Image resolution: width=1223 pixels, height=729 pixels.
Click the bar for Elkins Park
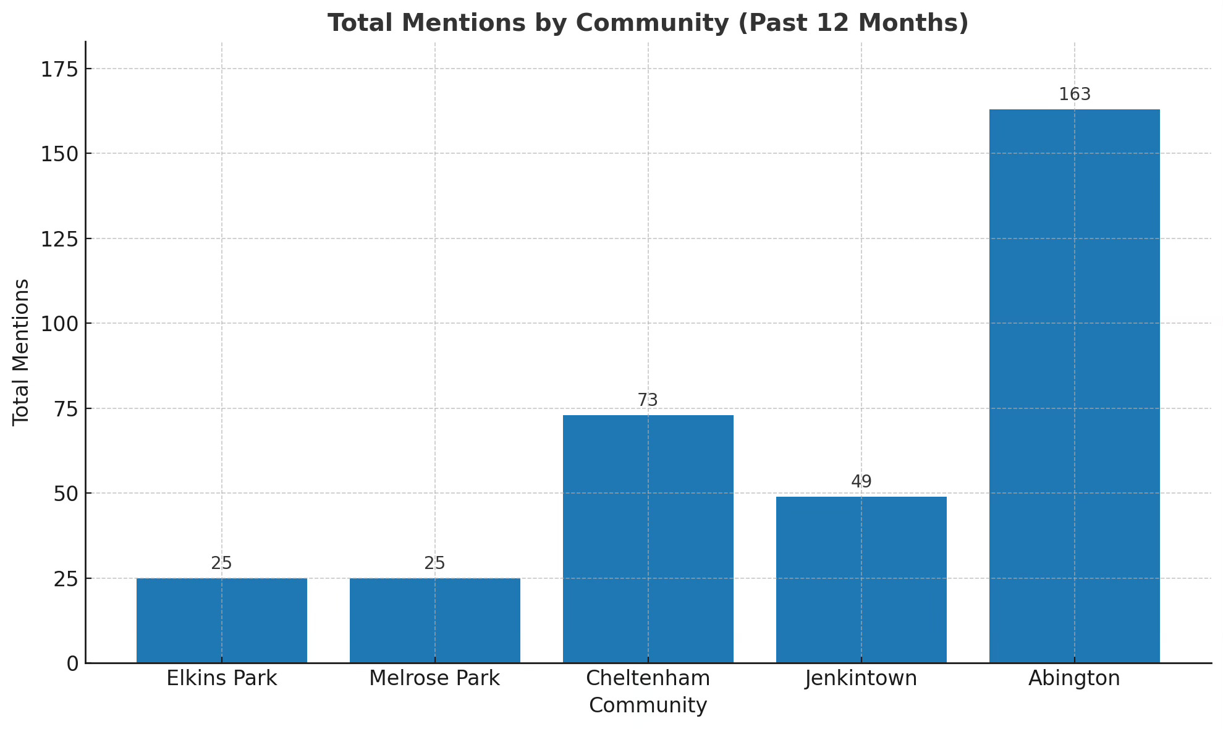click(x=221, y=620)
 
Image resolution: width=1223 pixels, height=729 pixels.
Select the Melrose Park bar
click(x=434, y=620)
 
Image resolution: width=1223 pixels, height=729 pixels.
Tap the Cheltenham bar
click(x=648, y=539)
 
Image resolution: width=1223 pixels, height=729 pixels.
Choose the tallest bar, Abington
click(x=1074, y=386)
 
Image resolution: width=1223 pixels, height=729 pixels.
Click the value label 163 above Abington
click(x=1075, y=95)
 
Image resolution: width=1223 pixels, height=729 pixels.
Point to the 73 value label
click(x=648, y=400)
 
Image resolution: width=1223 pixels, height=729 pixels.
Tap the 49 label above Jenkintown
click(x=861, y=482)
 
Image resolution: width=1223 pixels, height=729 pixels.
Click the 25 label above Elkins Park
click(x=221, y=563)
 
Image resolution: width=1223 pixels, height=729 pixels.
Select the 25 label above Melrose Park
click(x=434, y=563)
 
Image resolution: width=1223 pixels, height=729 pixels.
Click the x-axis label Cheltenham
click(x=648, y=678)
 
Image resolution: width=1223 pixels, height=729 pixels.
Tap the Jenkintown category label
click(x=861, y=678)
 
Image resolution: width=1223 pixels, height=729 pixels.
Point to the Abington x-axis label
click(x=1074, y=678)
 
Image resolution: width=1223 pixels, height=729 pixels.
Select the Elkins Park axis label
click(x=221, y=678)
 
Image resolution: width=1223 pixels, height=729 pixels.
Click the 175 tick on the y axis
click(x=59, y=69)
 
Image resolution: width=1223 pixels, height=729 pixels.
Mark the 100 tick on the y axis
click(x=59, y=324)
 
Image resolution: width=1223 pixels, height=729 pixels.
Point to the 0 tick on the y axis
click(x=72, y=664)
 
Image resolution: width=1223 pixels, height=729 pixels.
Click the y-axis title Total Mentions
click(x=21, y=352)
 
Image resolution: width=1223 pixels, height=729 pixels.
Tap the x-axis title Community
click(x=648, y=706)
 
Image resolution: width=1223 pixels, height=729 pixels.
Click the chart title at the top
click(x=648, y=23)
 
